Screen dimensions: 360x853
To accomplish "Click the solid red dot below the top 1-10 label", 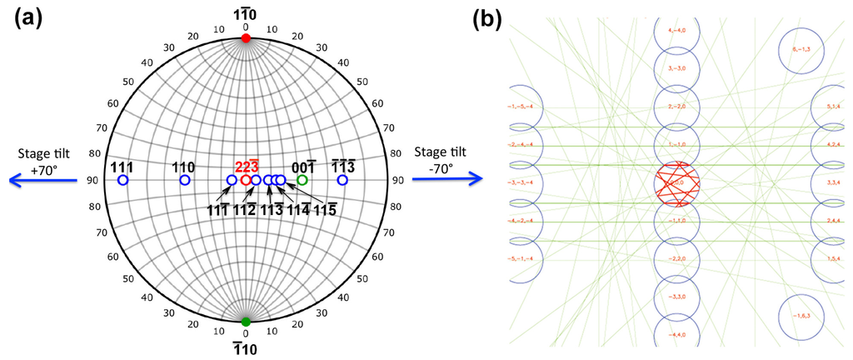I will (x=246, y=38).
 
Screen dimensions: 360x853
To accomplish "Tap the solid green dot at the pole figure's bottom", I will (x=246, y=322).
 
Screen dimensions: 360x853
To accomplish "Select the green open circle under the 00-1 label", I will (x=303, y=180).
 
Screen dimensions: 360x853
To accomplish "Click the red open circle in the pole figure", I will (x=246, y=180).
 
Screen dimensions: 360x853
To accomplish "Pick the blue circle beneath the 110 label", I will (x=185, y=180).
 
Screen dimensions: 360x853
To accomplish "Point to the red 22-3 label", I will (x=247, y=166).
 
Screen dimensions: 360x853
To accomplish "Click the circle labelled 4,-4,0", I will (x=676, y=31).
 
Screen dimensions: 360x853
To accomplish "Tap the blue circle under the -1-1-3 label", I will (x=342, y=180).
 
